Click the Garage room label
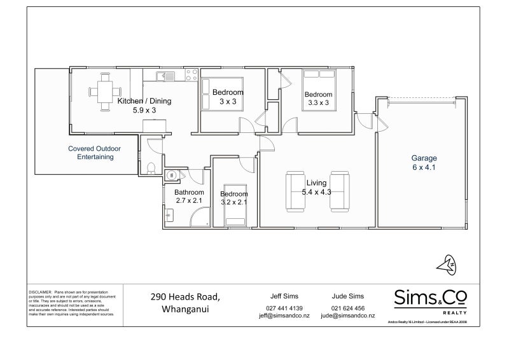coord(424,158)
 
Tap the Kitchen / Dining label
coord(144,101)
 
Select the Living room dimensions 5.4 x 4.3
coord(316,191)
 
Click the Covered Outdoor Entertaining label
coord(94,153)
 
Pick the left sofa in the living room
coord(295,191)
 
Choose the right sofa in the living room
coord(339,191)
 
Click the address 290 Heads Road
coord(185,296)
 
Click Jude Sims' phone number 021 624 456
coord(347,307)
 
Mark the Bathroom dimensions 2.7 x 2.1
coord(189,201)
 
